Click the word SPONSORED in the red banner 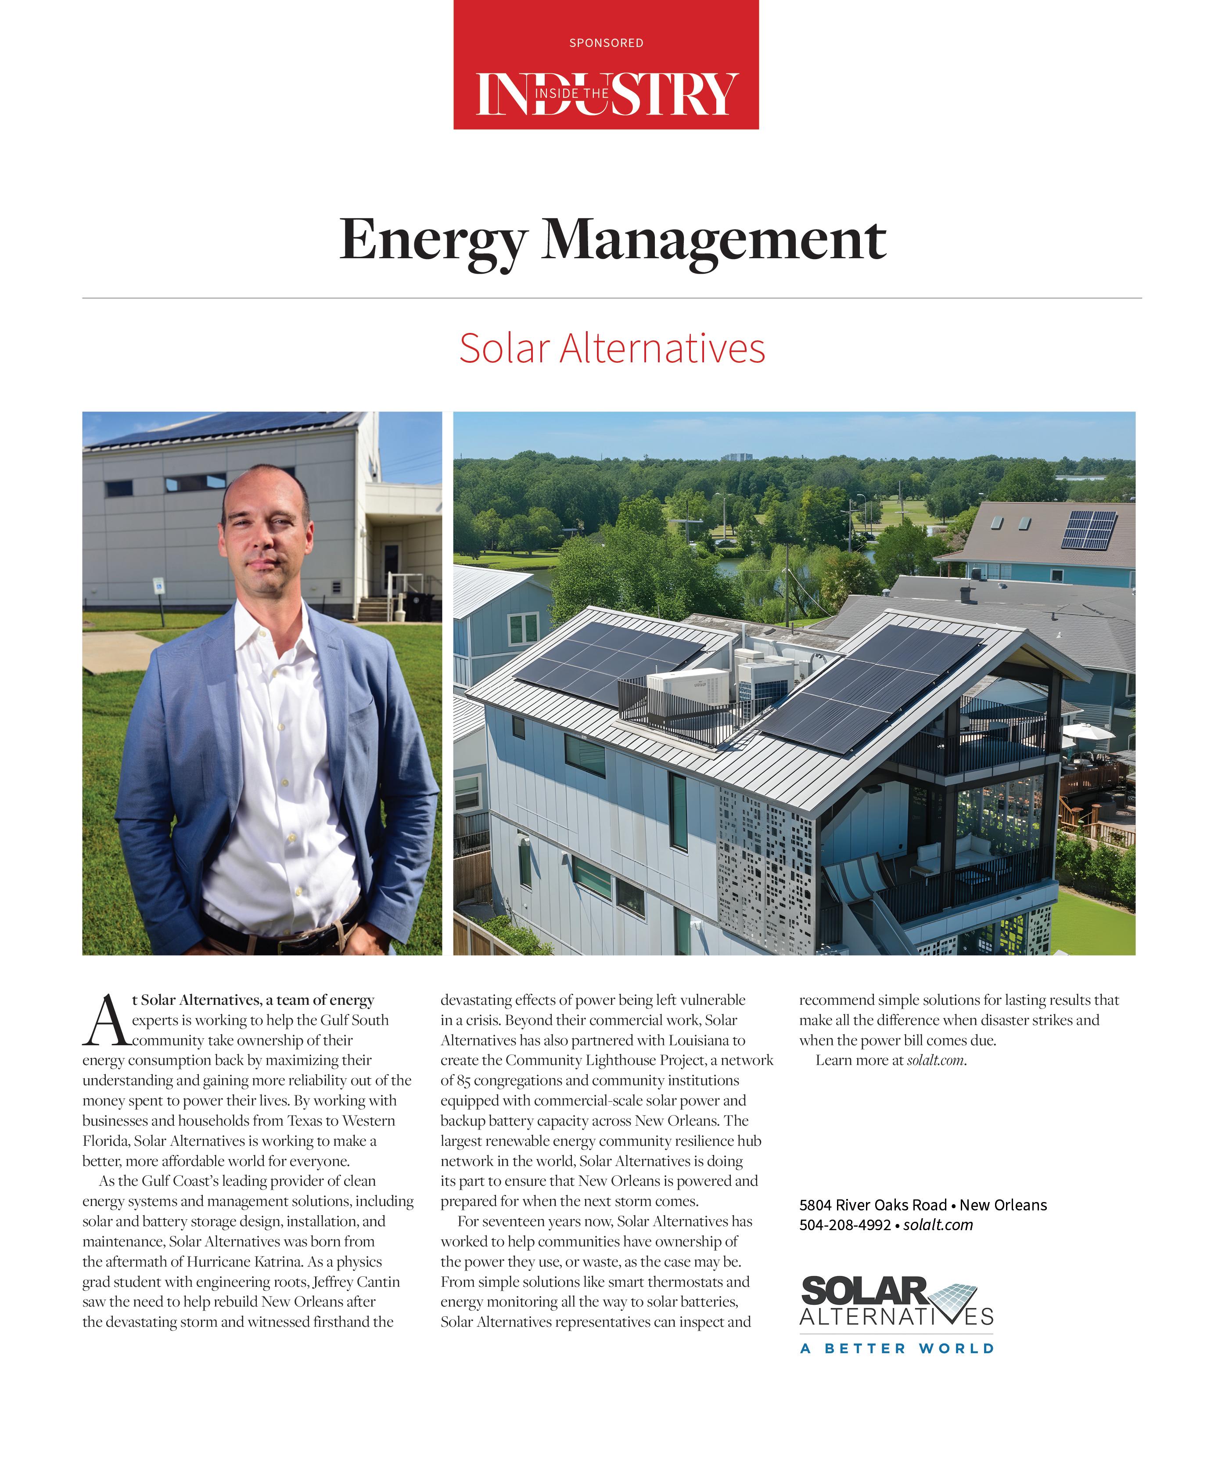606,43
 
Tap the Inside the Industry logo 606,94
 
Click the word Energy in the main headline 432,241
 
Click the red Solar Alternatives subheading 612,348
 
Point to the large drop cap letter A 104,1021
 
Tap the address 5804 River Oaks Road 873,1205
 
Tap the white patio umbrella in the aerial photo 1088,731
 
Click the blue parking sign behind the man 158,585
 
